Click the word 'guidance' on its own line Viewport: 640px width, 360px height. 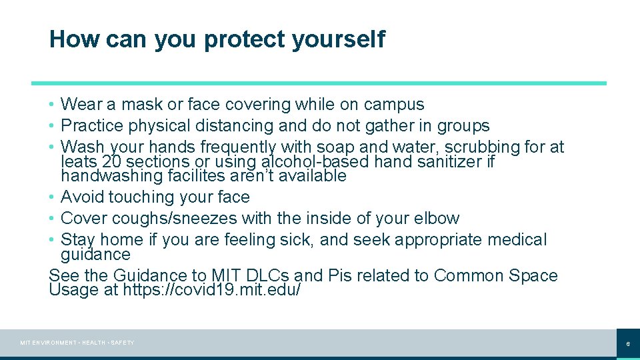click(x=95, y=255)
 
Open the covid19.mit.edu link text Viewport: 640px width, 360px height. click(x=212, y=290)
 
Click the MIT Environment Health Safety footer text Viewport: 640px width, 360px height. click(x=77, y=343)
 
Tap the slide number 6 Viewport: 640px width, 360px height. click(x=627, y=344)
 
